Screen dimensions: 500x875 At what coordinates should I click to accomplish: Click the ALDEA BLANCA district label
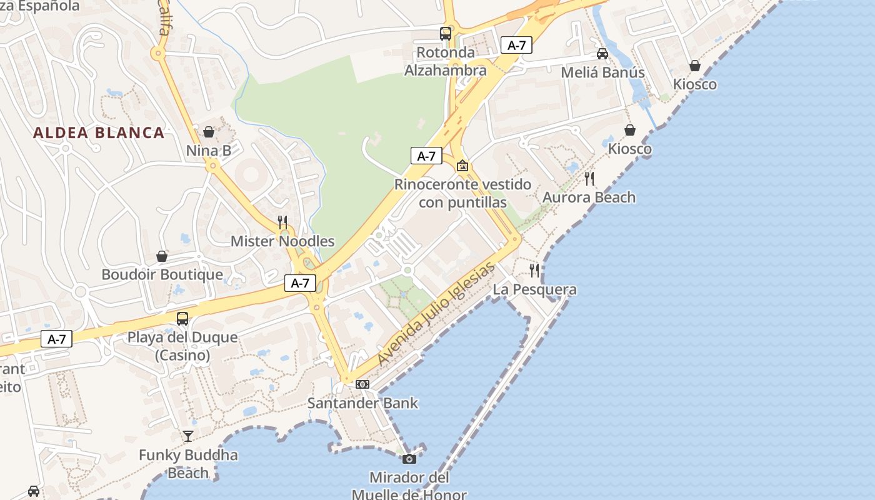(99, 132)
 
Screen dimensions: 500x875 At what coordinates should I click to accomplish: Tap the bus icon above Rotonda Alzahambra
(446, 34)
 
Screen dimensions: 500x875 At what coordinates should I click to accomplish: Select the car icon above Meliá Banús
(602, 54)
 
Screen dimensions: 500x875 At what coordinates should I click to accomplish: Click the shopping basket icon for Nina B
(209, 132)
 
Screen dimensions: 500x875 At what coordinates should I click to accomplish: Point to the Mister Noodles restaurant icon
(282, 222)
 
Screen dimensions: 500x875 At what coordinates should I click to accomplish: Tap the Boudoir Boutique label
(162, 274)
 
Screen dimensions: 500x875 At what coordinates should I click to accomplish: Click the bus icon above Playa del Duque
(182, 318)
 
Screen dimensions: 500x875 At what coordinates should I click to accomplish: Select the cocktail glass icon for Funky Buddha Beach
(188, 436)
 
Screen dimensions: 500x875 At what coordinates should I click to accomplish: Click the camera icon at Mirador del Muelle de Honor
(409, 459)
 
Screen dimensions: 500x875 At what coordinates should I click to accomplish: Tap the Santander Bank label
(362, 403)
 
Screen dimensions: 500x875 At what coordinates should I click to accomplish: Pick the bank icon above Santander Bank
(362, 384)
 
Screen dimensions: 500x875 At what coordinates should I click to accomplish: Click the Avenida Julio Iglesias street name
(437, 314)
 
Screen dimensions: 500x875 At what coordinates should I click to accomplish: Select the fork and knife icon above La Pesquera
(534, 271)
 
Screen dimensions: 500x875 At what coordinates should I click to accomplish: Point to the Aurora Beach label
(589, 197)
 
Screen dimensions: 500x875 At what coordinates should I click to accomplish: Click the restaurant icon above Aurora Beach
(589, 179)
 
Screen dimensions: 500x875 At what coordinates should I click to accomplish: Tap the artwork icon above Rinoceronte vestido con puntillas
(462, 166)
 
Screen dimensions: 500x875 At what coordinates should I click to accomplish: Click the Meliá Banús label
(602, 72)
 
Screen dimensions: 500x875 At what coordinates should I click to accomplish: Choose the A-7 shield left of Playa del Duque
(57, 339)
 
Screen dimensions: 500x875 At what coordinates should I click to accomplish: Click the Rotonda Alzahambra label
(446, 61)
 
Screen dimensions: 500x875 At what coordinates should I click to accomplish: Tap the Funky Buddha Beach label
(188, 463)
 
